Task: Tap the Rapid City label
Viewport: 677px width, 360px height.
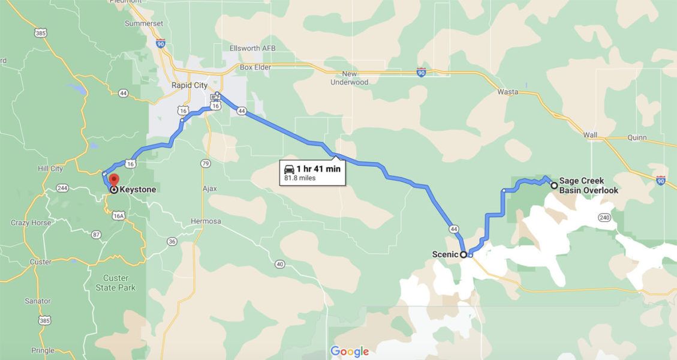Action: point(189,85)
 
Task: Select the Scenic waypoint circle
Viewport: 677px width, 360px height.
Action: point(464,254)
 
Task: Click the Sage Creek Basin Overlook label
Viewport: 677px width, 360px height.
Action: point(588,185)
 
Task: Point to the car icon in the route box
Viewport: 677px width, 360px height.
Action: point(289,169)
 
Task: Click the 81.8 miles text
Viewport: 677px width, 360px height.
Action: point(300,178)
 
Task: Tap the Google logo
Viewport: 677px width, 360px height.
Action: point(349,352)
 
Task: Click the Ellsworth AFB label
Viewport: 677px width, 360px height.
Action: point(252,48)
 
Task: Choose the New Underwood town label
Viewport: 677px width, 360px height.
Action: point(350,77)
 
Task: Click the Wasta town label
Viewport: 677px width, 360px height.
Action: point(507,92)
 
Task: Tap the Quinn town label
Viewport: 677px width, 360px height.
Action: point(636,137)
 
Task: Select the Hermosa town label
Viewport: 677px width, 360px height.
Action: point(206,221)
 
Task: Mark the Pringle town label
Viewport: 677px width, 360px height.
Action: point(43,350)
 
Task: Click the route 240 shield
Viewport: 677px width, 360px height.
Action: point(603,217)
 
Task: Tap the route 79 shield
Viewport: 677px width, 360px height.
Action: point(206,163)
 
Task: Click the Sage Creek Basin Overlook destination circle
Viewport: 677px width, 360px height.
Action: point(553,185)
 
